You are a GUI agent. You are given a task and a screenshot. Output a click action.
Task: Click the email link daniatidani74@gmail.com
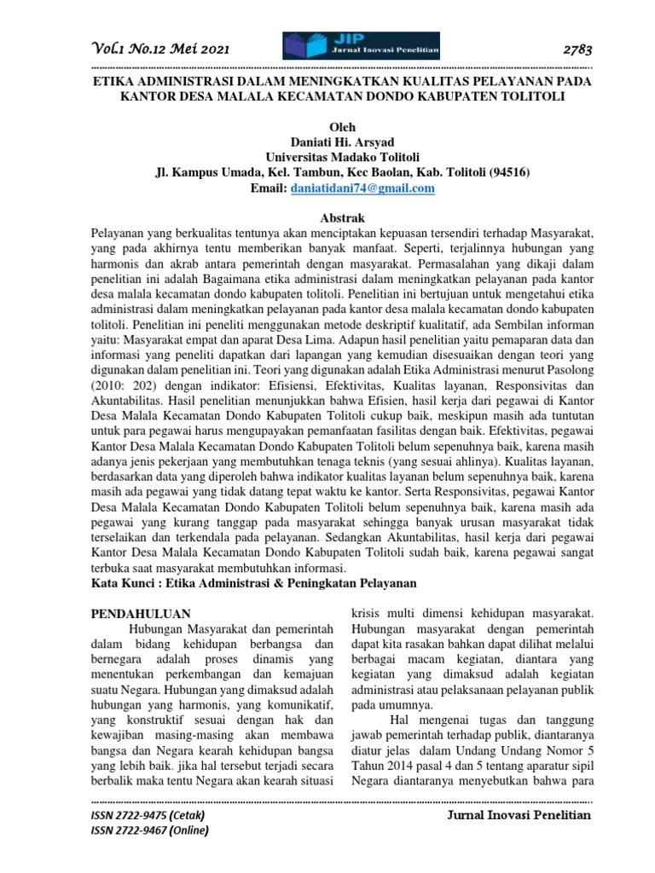[x=363, y=188]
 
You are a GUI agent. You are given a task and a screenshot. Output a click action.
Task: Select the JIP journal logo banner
[x=362, y=45]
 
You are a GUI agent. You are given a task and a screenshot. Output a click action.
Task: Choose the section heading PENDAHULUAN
[x=141, y=613]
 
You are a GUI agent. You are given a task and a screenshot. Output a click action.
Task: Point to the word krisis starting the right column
[x=369, y=614]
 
